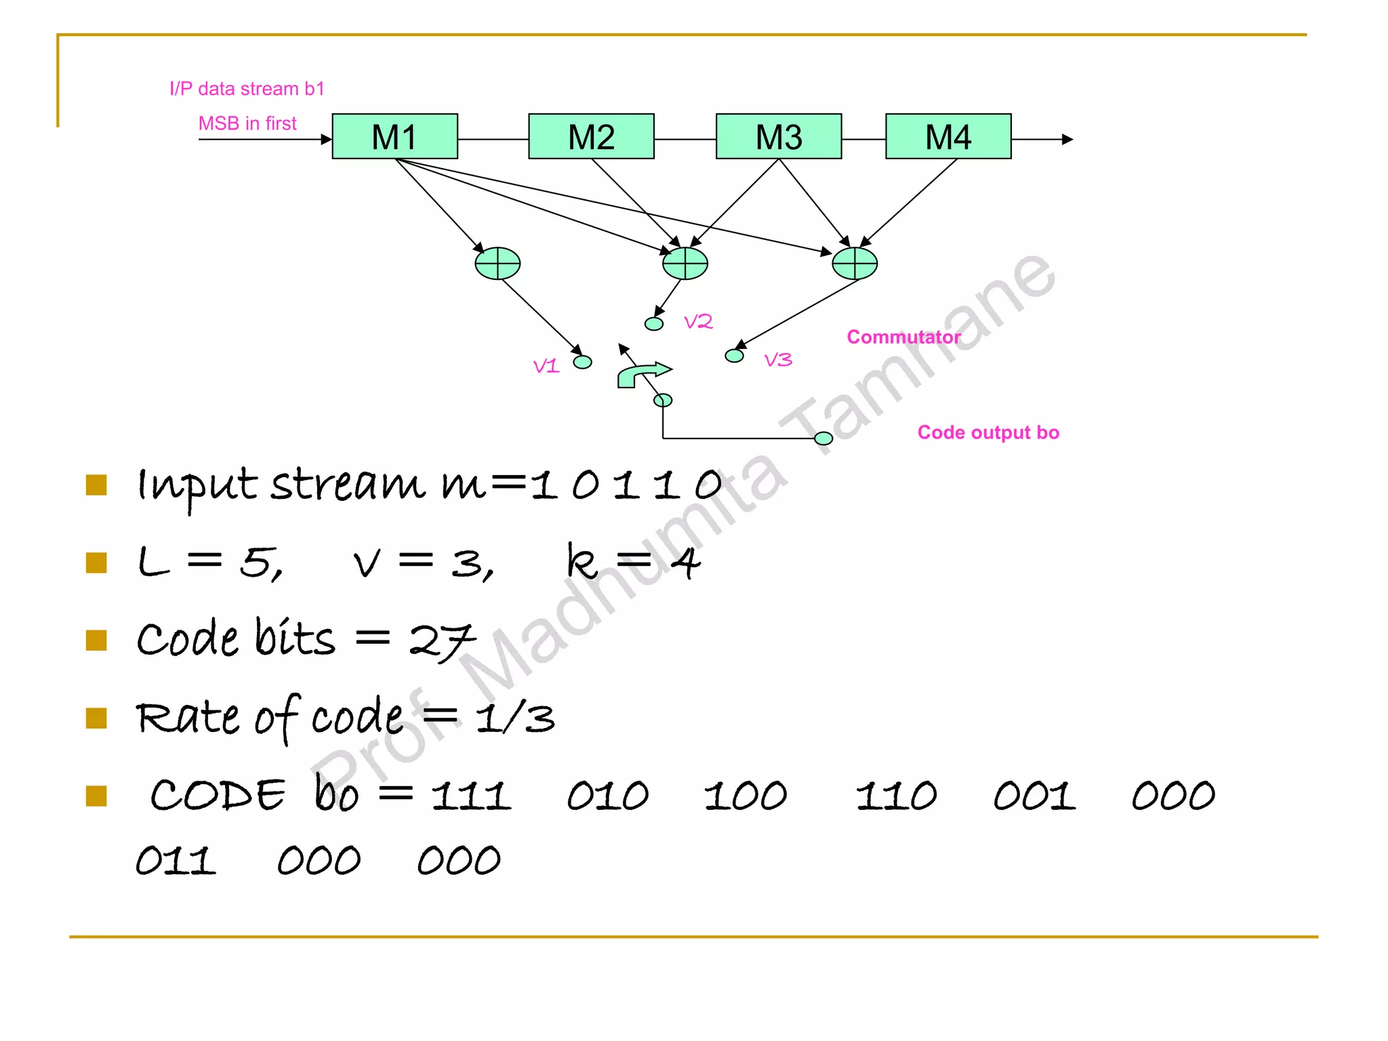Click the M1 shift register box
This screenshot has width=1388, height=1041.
[394, 136]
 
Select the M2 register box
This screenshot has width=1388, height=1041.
[591, 136]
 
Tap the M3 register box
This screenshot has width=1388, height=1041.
[779, 136]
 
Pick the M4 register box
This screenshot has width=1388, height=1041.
[948, 136]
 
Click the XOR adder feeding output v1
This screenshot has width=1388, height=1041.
[497, 263]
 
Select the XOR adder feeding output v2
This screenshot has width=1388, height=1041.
[685, 263]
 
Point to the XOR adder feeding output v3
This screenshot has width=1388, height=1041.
[854, 263]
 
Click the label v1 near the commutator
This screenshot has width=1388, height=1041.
[546, 367]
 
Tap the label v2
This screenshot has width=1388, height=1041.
[698, 321]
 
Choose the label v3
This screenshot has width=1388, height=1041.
[778, 359]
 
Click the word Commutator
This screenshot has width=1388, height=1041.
[903, 337]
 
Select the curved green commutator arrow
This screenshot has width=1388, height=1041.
[641, 374]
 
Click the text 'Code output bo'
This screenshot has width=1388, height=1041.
[988, 432]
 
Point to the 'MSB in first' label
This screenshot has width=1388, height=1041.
[247, 123]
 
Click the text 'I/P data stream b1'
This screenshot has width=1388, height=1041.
[247, 89]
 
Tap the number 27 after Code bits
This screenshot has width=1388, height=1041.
[442, 641]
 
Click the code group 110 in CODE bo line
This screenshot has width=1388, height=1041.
[896, 796]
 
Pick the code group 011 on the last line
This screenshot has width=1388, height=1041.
[176, 861]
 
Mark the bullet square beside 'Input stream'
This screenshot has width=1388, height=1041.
[97, 485]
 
